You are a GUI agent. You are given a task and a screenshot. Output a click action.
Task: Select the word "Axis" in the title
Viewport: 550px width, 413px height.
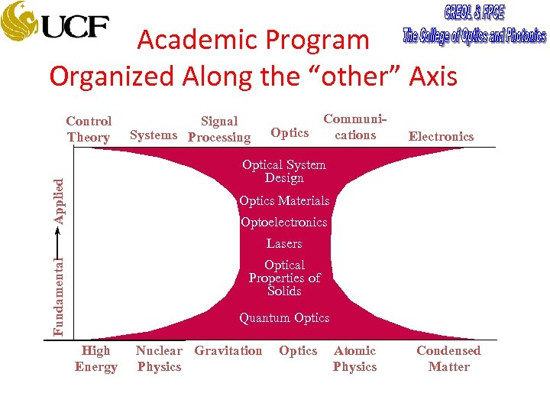pos(432,76)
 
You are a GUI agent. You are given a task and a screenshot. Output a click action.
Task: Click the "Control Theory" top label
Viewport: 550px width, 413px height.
pos(89,129)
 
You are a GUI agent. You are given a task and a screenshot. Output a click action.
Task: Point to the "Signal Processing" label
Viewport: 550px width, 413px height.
pos(219,129)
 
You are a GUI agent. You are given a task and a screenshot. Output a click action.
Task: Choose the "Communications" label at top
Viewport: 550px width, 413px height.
pos(355,127)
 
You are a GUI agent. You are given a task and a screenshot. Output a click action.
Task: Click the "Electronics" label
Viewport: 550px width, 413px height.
pos(441,137)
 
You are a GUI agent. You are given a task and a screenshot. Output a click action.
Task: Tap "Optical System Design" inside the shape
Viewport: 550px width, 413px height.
pos(284,171)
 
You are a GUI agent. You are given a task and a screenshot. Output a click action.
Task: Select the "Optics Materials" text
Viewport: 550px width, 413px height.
pos(284,201)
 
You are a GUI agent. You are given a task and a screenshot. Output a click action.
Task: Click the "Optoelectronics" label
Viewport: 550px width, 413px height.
pos(283,223)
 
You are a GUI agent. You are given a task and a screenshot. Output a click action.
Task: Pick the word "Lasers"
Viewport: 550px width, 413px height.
pos(284,244)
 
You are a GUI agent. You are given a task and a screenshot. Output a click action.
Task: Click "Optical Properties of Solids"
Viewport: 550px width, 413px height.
pos(284,278)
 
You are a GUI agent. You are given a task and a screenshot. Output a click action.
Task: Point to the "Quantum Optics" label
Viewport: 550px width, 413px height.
pos(284,318)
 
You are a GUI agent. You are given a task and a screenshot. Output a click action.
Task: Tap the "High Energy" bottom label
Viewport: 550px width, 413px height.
pos(96,359)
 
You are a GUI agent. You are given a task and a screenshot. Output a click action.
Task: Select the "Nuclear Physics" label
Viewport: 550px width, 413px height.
pos(159,359)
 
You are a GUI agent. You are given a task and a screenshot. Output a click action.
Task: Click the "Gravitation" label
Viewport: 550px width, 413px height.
pos(228,351)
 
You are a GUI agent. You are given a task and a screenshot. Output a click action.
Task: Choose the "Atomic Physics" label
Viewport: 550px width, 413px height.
pos(355,359)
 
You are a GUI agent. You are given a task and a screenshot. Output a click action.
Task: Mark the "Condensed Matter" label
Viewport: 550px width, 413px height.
pos(448,359)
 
